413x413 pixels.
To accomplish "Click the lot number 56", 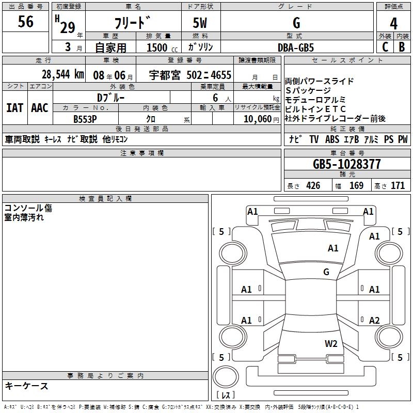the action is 25,22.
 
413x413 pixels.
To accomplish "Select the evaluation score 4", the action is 393,23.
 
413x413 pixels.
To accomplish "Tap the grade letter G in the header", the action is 296,23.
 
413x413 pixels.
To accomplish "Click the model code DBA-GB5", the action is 296,47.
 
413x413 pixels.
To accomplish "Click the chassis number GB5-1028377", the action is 347,164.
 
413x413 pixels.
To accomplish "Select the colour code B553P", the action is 86,118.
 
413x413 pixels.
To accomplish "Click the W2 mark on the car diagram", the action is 331,343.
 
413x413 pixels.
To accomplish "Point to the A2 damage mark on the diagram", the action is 374,320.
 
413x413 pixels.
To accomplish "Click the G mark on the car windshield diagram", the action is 326,272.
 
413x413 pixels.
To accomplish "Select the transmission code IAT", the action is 14,108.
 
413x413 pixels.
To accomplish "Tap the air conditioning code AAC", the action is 40,108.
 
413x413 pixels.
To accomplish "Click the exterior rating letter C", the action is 385,47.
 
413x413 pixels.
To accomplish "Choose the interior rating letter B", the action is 402,47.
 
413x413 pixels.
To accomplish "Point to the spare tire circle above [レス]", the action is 225,376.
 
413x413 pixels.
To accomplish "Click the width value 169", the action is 356,186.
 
